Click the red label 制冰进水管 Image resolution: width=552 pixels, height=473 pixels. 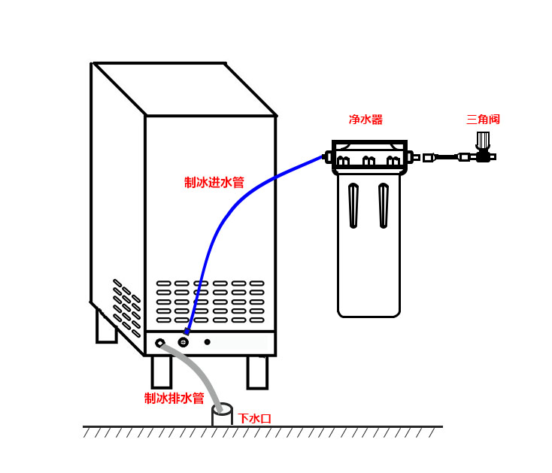click(x=214, y=183)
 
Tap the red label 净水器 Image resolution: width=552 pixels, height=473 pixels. click(x=365, y=120)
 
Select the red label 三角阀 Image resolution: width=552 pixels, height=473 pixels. click(x=483, y=120)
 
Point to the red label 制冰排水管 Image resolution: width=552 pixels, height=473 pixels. click(x=174, y=399)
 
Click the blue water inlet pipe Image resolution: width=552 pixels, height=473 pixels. click(x=226, y=218)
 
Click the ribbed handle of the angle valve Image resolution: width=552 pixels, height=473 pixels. click(x=483, y=141)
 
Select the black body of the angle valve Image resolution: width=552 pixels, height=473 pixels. click(x=483, y=157)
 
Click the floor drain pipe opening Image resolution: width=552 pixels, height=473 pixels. click(x=223, y=410)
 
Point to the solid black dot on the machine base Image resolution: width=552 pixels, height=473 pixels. click(x=208, y=342)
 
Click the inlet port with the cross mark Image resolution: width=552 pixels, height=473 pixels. click(x=183, y=341)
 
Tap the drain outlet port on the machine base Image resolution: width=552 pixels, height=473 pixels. click(x=160, y=343)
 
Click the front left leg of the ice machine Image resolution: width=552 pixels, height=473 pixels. click(x=161, y=371)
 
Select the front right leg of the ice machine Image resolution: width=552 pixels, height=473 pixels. click(x=257, y=371)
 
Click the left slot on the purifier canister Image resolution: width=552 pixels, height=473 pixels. click(x=353, y=205)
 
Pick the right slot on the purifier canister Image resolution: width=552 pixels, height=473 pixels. click(x=384, y=205)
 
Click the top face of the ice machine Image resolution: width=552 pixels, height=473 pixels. click(x=184, y=89)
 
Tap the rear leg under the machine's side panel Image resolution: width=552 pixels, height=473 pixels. click(x=106, y=327)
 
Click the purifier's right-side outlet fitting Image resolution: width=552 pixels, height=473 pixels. click(x=411, y=157)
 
